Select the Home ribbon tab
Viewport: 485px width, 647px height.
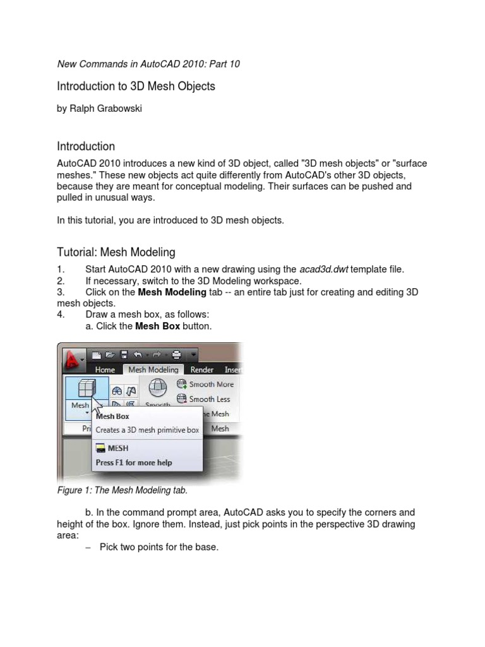(105, 370)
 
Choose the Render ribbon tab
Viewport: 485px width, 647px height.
(202, 370)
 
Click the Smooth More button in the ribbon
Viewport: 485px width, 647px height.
(206, 384)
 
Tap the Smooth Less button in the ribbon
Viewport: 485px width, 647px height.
(204, 399)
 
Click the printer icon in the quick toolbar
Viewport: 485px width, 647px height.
(176, 354)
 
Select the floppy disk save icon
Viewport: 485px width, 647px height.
(124, 354)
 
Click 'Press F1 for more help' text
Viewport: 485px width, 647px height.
(133, 463)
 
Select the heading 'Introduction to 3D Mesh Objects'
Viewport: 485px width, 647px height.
(136, 86)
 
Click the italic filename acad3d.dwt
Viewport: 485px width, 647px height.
(323, 269)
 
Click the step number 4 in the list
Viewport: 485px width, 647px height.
(60, 315)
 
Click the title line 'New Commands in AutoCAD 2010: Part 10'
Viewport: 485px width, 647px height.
(148, 64)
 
